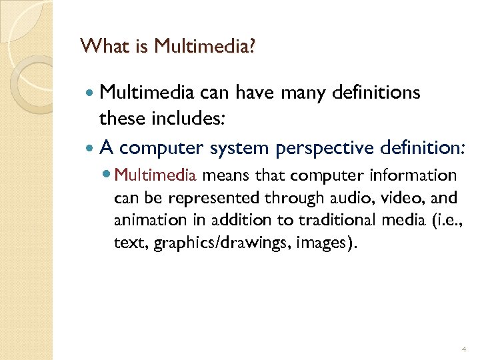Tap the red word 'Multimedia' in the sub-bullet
[x=155, y=176]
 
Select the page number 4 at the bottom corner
[x=463, y=349]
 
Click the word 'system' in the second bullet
[x=237, y=147]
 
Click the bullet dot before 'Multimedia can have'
[x=91, y=93]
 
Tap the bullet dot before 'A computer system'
[x=91, y=148]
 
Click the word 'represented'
[x=221, y=198]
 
